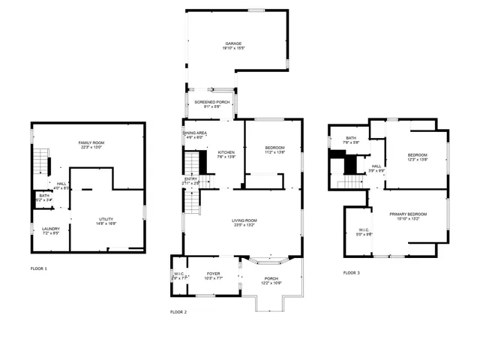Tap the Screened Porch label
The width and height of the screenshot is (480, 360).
pos(212,102)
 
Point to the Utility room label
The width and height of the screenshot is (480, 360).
pos(106,218)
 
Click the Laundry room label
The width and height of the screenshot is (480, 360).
pos(51,229)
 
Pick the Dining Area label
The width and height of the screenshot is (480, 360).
pos(194,133)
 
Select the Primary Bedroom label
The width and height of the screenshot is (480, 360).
pos(408,215)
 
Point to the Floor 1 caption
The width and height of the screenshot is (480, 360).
pos(38,268)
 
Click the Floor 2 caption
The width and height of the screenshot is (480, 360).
pos(178,311)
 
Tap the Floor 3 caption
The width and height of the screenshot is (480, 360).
pos(351,273)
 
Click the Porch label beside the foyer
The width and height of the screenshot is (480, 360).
pos(271,280)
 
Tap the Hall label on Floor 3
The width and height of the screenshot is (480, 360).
pos(376,167)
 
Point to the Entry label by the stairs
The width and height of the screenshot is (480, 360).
pos(191,179)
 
